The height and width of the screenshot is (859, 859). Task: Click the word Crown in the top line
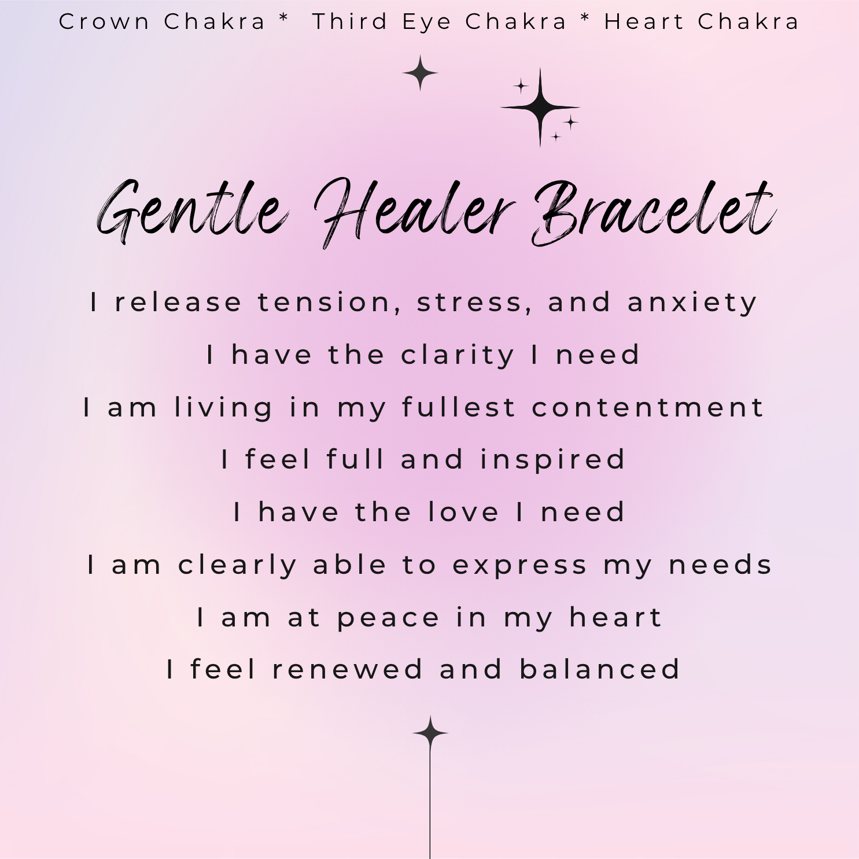(105, 22)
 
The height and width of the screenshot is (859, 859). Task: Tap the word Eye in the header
(426, 22)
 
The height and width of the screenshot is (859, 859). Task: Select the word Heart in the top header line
(643, 22)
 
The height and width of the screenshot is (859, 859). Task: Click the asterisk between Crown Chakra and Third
(283, 19)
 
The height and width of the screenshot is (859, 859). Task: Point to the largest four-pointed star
(540, 107)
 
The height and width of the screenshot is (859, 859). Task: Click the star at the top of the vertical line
(430, 733)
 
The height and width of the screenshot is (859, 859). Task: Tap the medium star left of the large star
(421, 73)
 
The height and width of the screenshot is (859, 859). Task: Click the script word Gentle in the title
(191, 211)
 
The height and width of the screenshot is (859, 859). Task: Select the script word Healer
(414, 211)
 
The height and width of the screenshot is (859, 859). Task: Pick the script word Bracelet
(654, 211)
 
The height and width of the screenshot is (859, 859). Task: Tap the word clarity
(458, 355)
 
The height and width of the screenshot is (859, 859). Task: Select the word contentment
(648, 407)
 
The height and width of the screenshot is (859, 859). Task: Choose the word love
(463, 513)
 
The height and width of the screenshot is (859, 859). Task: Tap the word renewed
(348, 670)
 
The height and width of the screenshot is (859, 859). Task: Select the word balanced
(600, 670)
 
